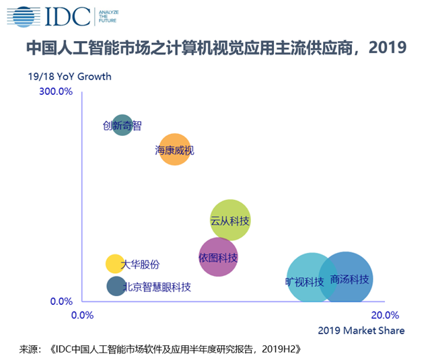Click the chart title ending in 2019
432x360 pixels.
[216, 48]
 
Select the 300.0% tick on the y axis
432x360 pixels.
[57, 92]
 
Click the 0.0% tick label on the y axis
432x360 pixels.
[61, 301]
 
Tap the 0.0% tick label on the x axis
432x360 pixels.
[82, 315]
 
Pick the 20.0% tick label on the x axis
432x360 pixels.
[385, 315]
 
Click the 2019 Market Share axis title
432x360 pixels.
[361, 330]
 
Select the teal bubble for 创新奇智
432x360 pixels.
[122, 125]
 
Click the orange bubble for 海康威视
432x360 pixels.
[174, 149]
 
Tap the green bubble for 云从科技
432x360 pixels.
[230, 219]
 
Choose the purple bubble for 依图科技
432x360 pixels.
[218, 257]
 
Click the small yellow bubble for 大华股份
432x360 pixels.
[114, 264]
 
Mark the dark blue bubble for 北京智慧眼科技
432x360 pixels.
[116, 287]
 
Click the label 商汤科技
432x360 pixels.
[350, 279]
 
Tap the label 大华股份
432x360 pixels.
[140, 264]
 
